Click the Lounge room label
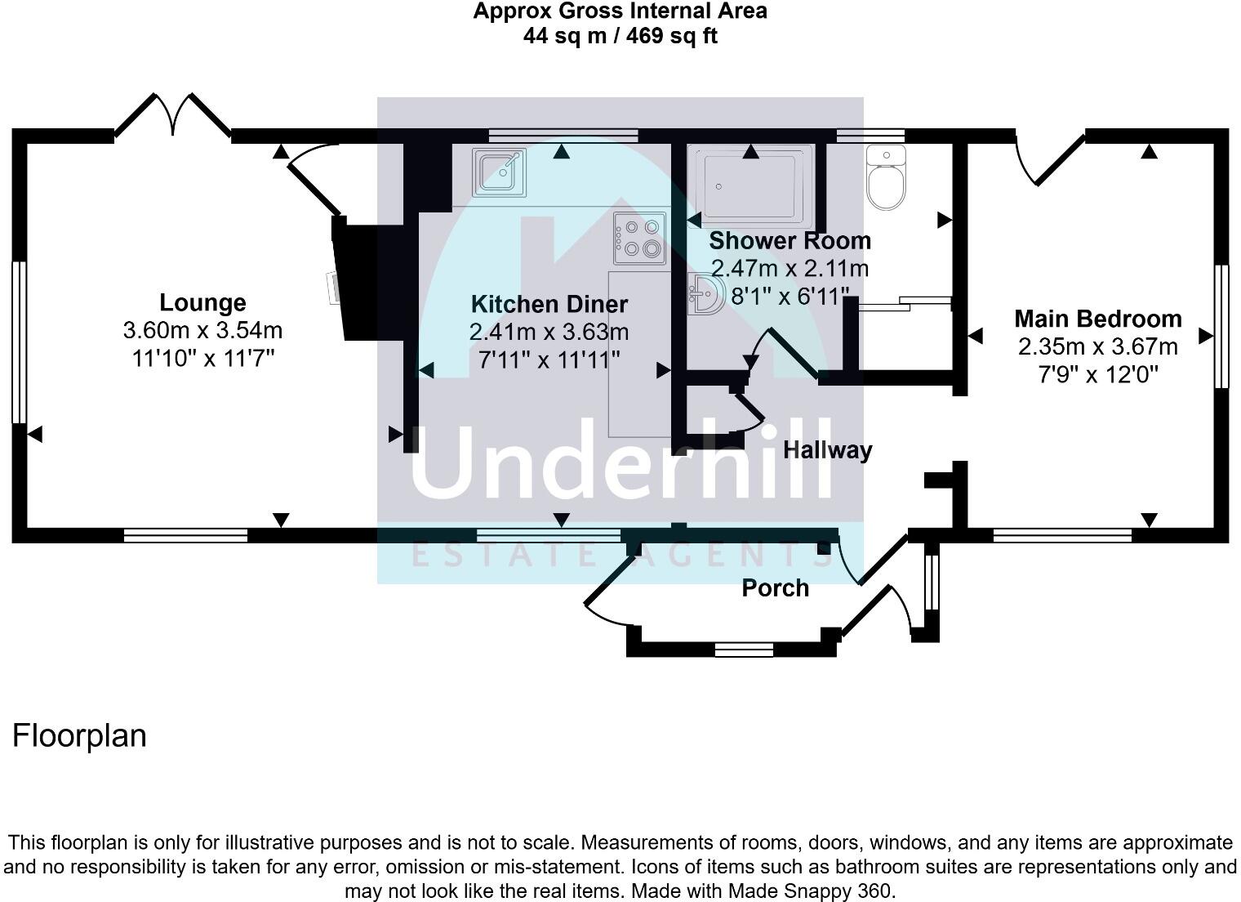click(202, 303)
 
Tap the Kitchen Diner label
click(549, 305)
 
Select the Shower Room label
click(790, 241)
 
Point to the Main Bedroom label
click(1097, 319)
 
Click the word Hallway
click(827, 450)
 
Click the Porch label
click(775, 588)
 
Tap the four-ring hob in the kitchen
click(639, 238)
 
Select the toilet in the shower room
click(886, 179)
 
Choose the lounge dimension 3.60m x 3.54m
click(202, 331)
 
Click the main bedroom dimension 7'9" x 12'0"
click(1097, 374)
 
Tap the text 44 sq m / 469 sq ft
click(620, 36)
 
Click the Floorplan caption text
click(79, 735)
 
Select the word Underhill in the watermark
click(620, 462)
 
